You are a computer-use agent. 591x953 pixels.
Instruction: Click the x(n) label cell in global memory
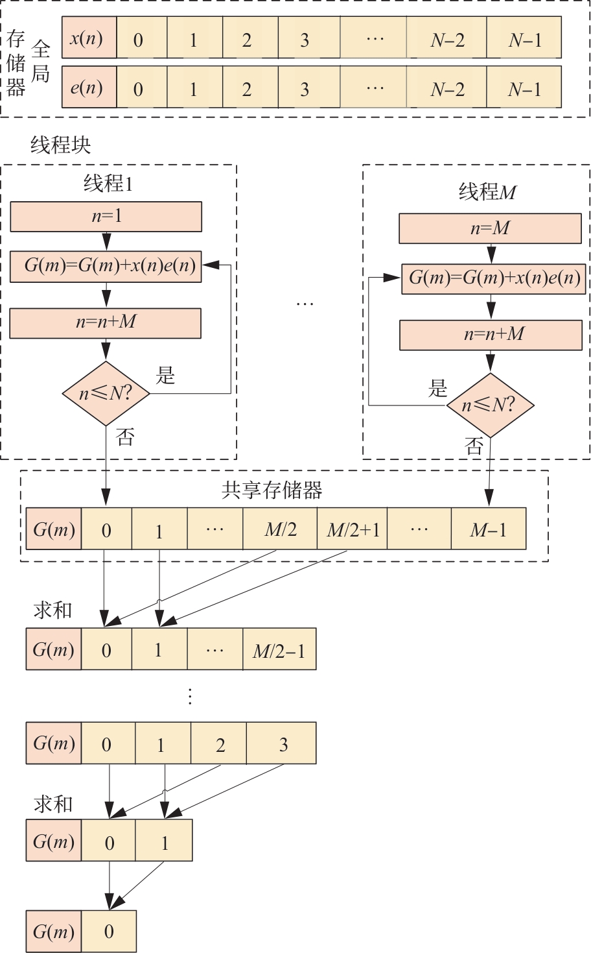tap(89, 38)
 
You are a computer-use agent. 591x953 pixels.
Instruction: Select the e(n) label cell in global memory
tap(89, 87)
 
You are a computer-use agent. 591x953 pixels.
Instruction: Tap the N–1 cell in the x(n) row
tap(524, 39)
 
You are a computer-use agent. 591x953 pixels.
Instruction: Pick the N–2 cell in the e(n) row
tap(446, 88)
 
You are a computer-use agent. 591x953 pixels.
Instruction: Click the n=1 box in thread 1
tap(106, 217)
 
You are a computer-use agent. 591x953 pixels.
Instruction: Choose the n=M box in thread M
tap(490, 228)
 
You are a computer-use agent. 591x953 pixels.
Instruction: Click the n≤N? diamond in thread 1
tap(106, 393)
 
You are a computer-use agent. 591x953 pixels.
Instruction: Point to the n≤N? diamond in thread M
tap(490, 405)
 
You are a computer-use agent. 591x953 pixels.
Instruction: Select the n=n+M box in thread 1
tap(106, 322)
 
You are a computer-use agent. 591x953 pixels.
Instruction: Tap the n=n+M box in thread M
tap(491, 335)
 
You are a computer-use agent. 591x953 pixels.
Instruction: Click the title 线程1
tap(108, 184)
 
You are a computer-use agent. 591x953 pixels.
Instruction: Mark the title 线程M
tap(487, 192)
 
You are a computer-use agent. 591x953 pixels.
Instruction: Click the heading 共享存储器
tap(272, 490)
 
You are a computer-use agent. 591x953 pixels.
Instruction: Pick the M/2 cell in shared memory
tap(280, 529)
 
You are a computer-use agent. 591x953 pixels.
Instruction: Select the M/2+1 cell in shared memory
tap(353, 529)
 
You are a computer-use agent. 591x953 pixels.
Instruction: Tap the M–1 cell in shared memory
tap(488, 529)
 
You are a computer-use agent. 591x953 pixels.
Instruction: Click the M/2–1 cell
tap(279, 649)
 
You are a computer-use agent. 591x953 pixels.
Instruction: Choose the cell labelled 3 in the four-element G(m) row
tap(283, 743)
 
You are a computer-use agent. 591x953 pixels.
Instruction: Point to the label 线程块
tap(61, 145)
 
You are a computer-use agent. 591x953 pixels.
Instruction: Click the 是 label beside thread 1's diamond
tap(166, 374)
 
